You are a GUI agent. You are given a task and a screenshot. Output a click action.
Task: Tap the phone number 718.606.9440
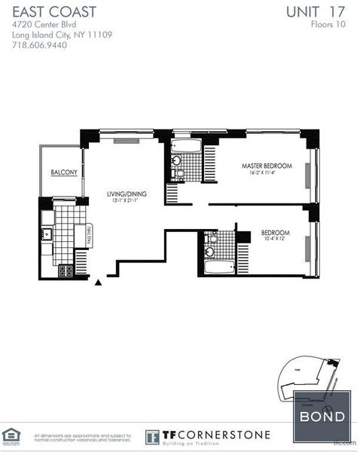[40, 45]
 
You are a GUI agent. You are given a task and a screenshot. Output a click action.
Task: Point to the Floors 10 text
[329, 24]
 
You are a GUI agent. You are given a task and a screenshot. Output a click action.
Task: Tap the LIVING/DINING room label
[126, 194]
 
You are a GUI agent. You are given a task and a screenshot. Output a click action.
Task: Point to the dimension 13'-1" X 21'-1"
[126, 201]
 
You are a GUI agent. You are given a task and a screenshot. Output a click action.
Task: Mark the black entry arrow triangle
[99, 283]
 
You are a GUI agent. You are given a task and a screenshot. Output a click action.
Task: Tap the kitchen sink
[47, 234]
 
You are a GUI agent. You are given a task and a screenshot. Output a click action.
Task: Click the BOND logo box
[323, 417]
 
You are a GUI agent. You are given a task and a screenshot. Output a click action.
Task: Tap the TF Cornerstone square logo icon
[152, 437]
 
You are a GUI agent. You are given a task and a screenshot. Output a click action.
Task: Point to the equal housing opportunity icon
[11, 435]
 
